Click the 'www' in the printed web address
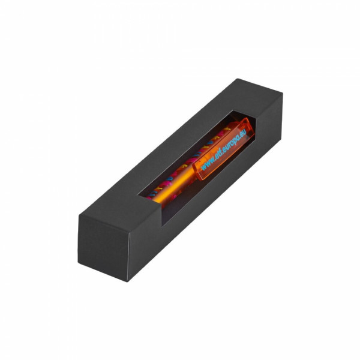click(x=208, y=164)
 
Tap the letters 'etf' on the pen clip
click(x=219, y=155)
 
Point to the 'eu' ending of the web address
click(x=243, y=133)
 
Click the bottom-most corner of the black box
click(x=128, y=281)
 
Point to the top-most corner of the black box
click(x=238, y=79)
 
